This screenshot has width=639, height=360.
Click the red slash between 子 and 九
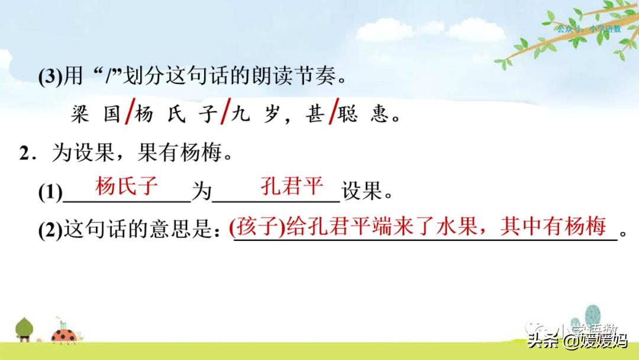224,112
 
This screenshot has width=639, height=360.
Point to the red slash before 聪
333,112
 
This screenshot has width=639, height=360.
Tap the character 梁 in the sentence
79,114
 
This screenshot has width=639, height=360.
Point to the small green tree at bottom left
24,329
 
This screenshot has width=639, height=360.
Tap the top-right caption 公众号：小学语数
589,28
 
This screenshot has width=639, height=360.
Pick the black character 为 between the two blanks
201,192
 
